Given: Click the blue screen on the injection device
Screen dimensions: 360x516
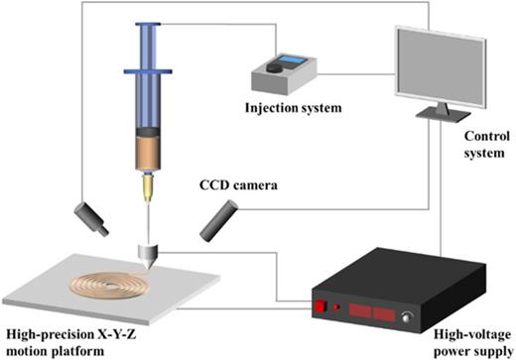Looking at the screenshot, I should coord(292,63).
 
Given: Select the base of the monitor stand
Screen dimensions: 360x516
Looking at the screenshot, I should coord(437,116).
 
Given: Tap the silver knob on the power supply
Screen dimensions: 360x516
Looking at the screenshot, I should coord(406,317).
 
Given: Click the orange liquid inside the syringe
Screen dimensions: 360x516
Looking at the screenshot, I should coord(148,152).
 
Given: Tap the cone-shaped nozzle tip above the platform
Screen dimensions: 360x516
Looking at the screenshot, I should coord(148,256).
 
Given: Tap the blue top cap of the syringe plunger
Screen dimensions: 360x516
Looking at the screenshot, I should coord(148,24).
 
